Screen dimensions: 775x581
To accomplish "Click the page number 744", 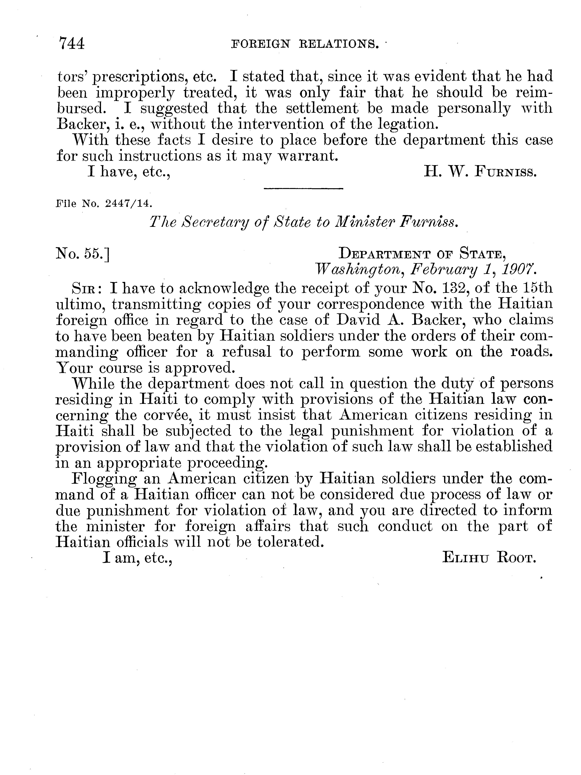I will pos(72,44).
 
